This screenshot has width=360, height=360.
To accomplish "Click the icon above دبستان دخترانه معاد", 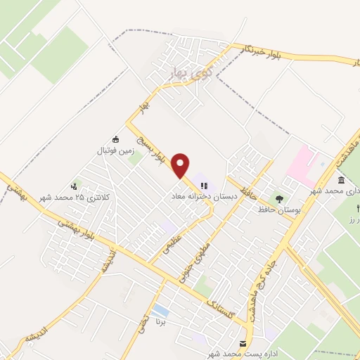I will [x=204, y=186].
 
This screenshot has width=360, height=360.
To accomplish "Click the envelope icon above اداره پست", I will [x=243, y=343].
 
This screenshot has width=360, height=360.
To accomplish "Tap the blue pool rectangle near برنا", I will [x=160, y=310].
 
